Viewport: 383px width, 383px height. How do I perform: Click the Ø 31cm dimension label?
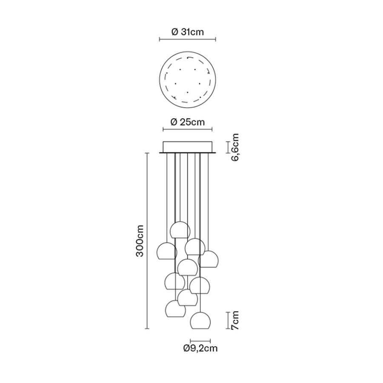tap(187, 32)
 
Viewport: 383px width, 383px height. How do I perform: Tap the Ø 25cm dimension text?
tap(188, 122)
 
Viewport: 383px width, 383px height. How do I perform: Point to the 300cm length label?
tap(140, 240)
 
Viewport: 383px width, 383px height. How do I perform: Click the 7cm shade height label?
tap(235, 320)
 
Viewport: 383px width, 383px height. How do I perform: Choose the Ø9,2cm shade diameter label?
tap(200, 348)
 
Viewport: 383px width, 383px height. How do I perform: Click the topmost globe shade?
tap(180, 230)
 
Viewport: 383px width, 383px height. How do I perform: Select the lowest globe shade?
tap(200, 320)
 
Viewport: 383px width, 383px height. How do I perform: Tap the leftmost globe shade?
tap(166, 251)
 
